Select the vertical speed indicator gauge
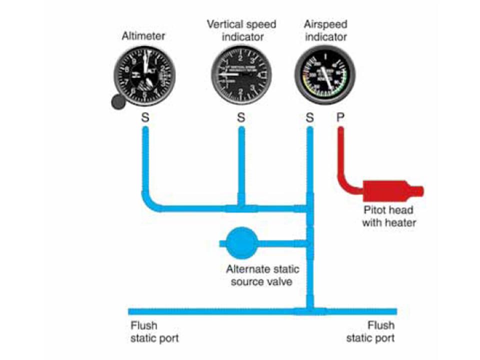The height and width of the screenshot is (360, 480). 241,76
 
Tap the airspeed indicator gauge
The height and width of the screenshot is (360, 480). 325,75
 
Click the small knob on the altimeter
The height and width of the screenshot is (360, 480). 118,101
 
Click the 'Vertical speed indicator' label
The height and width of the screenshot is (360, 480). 241,30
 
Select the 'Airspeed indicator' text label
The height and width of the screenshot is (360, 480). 325,30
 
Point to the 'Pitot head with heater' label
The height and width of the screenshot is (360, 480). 388,216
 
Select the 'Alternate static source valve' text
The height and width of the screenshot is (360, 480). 262,275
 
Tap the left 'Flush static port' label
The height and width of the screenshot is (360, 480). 154,331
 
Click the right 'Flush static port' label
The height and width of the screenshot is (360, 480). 371,331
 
